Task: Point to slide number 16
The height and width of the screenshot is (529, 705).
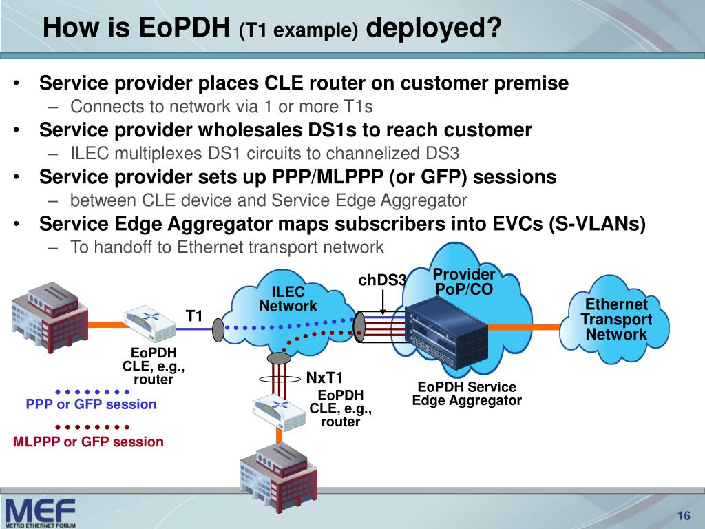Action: [684, 517]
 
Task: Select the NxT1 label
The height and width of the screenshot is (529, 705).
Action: [324, 377]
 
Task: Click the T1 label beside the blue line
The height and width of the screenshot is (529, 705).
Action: [195, 316]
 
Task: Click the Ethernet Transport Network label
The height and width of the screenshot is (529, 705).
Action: [616, 320]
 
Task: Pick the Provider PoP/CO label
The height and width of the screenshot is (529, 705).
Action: [464, 282]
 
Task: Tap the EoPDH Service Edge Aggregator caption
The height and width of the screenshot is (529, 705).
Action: [467, 394]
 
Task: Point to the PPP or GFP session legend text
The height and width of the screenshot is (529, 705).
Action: [91, 404]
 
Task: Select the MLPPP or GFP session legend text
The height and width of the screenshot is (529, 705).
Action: [88, 442]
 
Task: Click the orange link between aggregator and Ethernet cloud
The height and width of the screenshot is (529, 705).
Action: [547, 326]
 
